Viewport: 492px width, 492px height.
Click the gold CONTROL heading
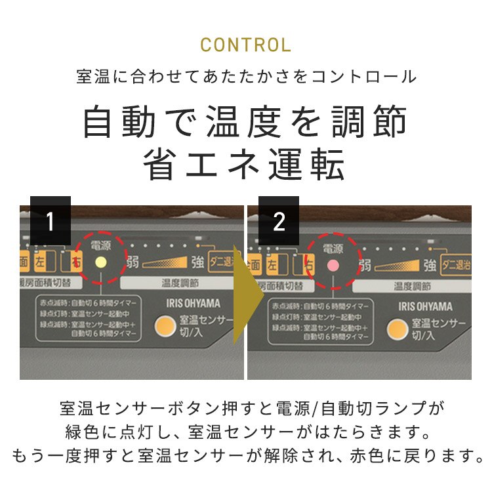[245, 45]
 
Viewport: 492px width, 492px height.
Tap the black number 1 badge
[50, 222]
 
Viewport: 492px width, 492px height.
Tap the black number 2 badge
[279, 222]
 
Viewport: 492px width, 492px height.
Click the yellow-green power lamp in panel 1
[101, 261]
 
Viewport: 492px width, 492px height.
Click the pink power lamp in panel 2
[333, 264]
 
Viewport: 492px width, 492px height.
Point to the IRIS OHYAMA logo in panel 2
[425, 306]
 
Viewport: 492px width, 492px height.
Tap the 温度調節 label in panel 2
[412, 286]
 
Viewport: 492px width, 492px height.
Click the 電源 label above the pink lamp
[333, 248]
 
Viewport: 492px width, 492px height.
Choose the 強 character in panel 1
[197, 263]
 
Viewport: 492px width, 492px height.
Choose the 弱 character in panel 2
[365, 265]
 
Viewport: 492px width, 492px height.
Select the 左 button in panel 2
[271, 265]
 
